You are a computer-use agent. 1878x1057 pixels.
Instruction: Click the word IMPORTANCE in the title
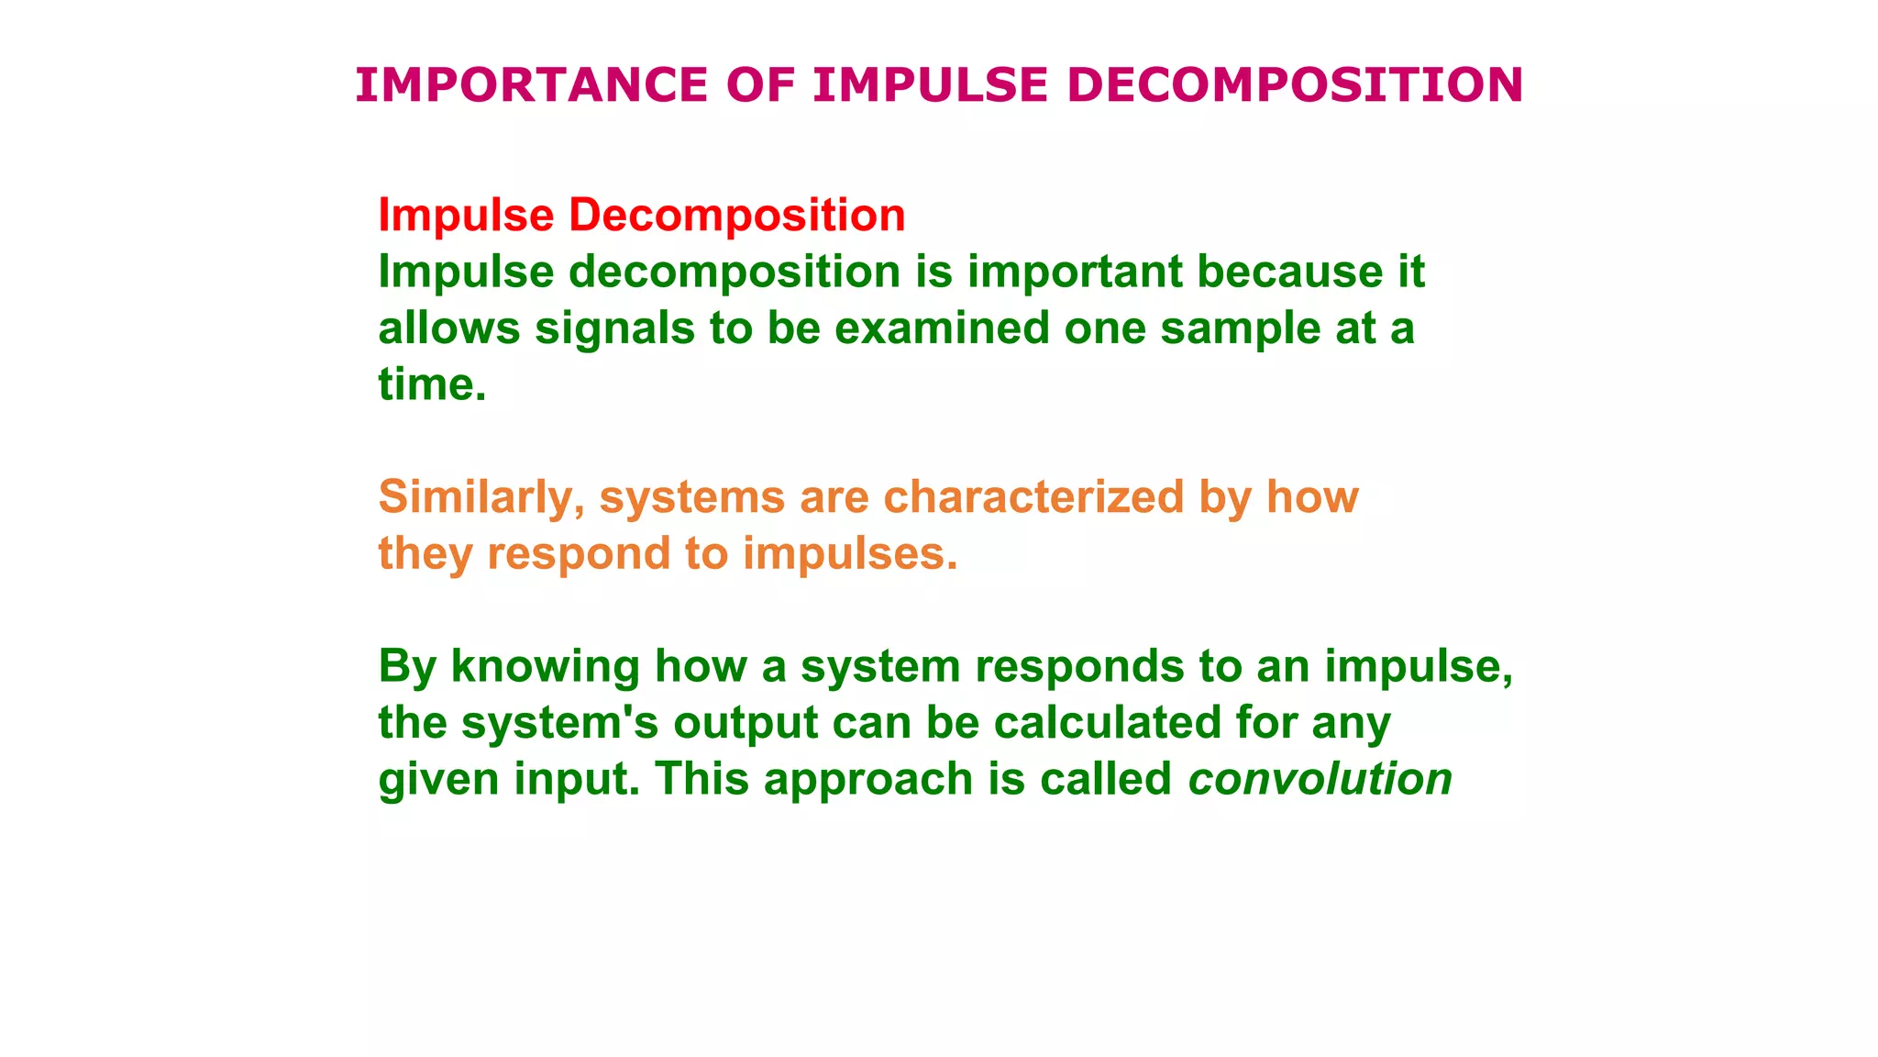coord(531,85)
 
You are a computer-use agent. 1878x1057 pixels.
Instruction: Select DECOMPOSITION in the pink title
coord(1295,85)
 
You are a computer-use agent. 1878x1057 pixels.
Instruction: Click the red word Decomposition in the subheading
coord(736,216)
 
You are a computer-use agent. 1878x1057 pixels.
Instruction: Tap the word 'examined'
coord(942,328)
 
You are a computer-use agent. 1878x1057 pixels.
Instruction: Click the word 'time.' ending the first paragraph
coord(432,384)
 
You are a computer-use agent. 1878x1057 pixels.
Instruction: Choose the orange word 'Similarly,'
coord(481,497)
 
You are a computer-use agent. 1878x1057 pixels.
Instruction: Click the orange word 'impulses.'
coord(850,553)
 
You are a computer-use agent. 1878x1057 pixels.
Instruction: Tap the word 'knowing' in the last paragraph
coord(545,666)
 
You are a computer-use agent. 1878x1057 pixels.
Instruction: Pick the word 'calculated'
coord(1107,722)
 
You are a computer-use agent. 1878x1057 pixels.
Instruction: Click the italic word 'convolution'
coord(1320,779)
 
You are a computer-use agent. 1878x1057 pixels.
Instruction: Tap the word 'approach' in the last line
coord(867,781)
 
